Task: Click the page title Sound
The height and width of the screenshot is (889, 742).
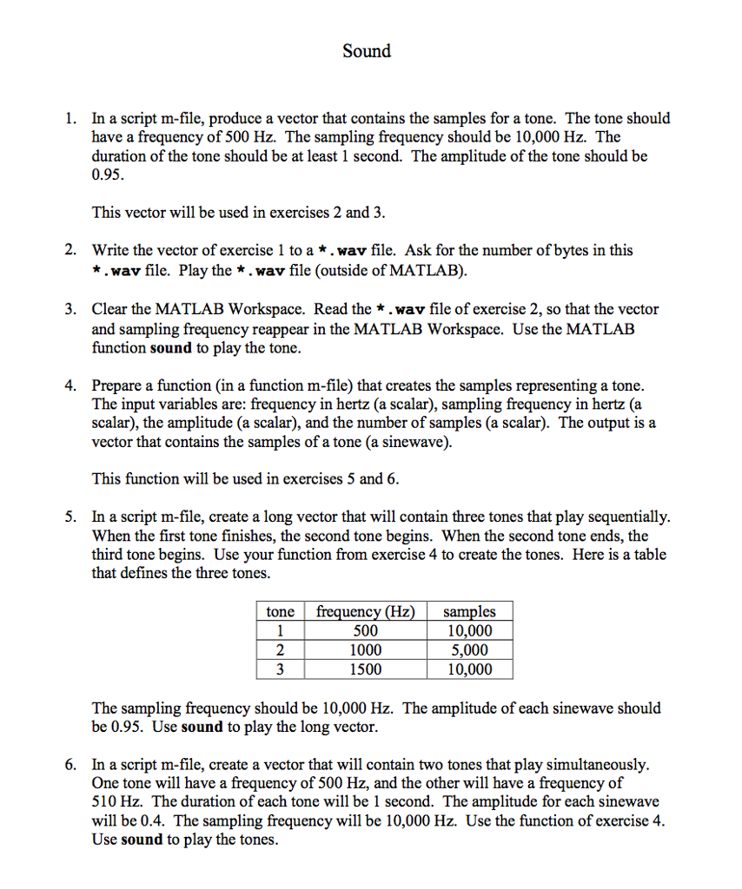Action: (x=367, y=51)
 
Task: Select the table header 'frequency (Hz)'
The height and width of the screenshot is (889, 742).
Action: (x=365, y=611)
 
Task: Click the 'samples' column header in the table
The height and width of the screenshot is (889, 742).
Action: (x=468, y=611)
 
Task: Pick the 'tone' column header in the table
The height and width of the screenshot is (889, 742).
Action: (x=280, y=611)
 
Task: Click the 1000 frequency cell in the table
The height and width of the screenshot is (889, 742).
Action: (x=365, y=649)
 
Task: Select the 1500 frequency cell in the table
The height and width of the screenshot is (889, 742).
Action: (x=365, y=668)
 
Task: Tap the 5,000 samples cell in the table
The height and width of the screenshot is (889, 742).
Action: (x=468, y=649)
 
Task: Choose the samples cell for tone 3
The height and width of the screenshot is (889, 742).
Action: (x=468, y=668)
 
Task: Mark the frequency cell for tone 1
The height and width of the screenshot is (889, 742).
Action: (x=365, y=631)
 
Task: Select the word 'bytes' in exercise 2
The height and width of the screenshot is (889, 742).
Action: (x=571, y=251)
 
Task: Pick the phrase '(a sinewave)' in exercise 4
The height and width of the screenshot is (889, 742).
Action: (x=410, y=442)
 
